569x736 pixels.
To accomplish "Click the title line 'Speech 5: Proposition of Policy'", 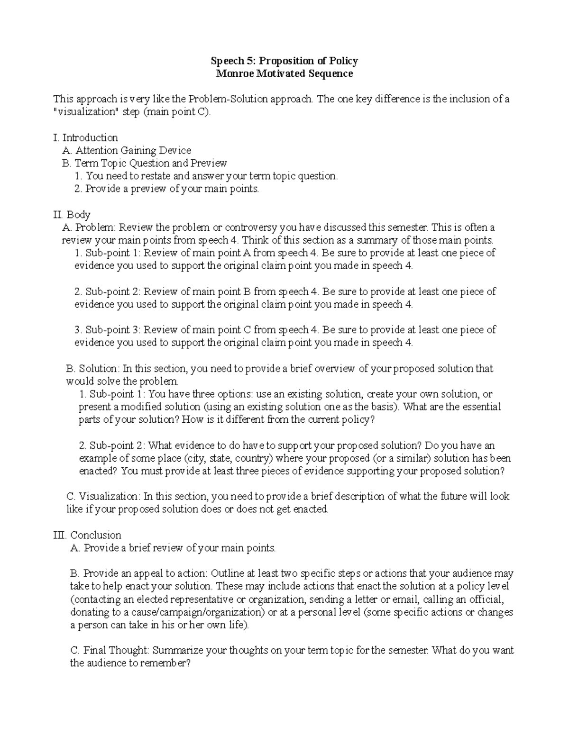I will point(284,61).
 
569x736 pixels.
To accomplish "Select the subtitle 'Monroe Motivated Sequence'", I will point(284,73).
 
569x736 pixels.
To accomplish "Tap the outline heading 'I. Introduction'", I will point(85,137).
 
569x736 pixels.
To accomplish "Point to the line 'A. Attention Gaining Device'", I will point(127,150).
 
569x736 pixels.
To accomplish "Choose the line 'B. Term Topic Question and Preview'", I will point(145,163).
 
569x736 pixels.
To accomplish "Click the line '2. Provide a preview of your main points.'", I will point(167,189).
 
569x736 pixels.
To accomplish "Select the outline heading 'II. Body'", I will point(72,214).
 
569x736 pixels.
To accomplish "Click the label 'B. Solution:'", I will point(93,368).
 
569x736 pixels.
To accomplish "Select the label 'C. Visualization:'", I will point(104,496).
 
